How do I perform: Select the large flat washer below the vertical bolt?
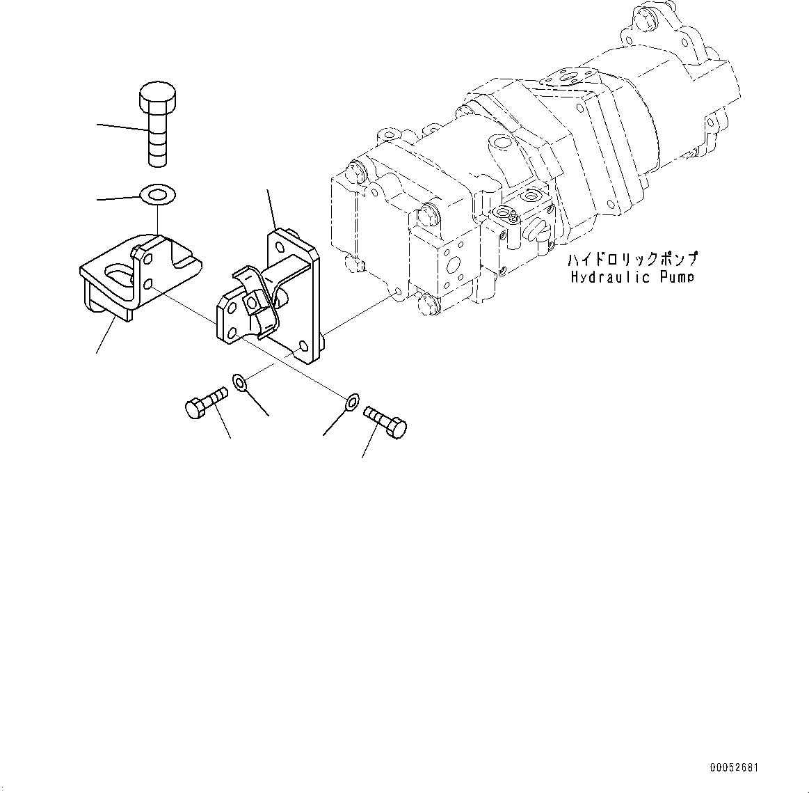[158, 194]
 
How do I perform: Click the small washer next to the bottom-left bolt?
[241, 382]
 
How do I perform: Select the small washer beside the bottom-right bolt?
[352, 401]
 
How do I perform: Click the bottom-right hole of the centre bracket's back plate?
[302, 346]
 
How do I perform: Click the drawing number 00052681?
[734, 768]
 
